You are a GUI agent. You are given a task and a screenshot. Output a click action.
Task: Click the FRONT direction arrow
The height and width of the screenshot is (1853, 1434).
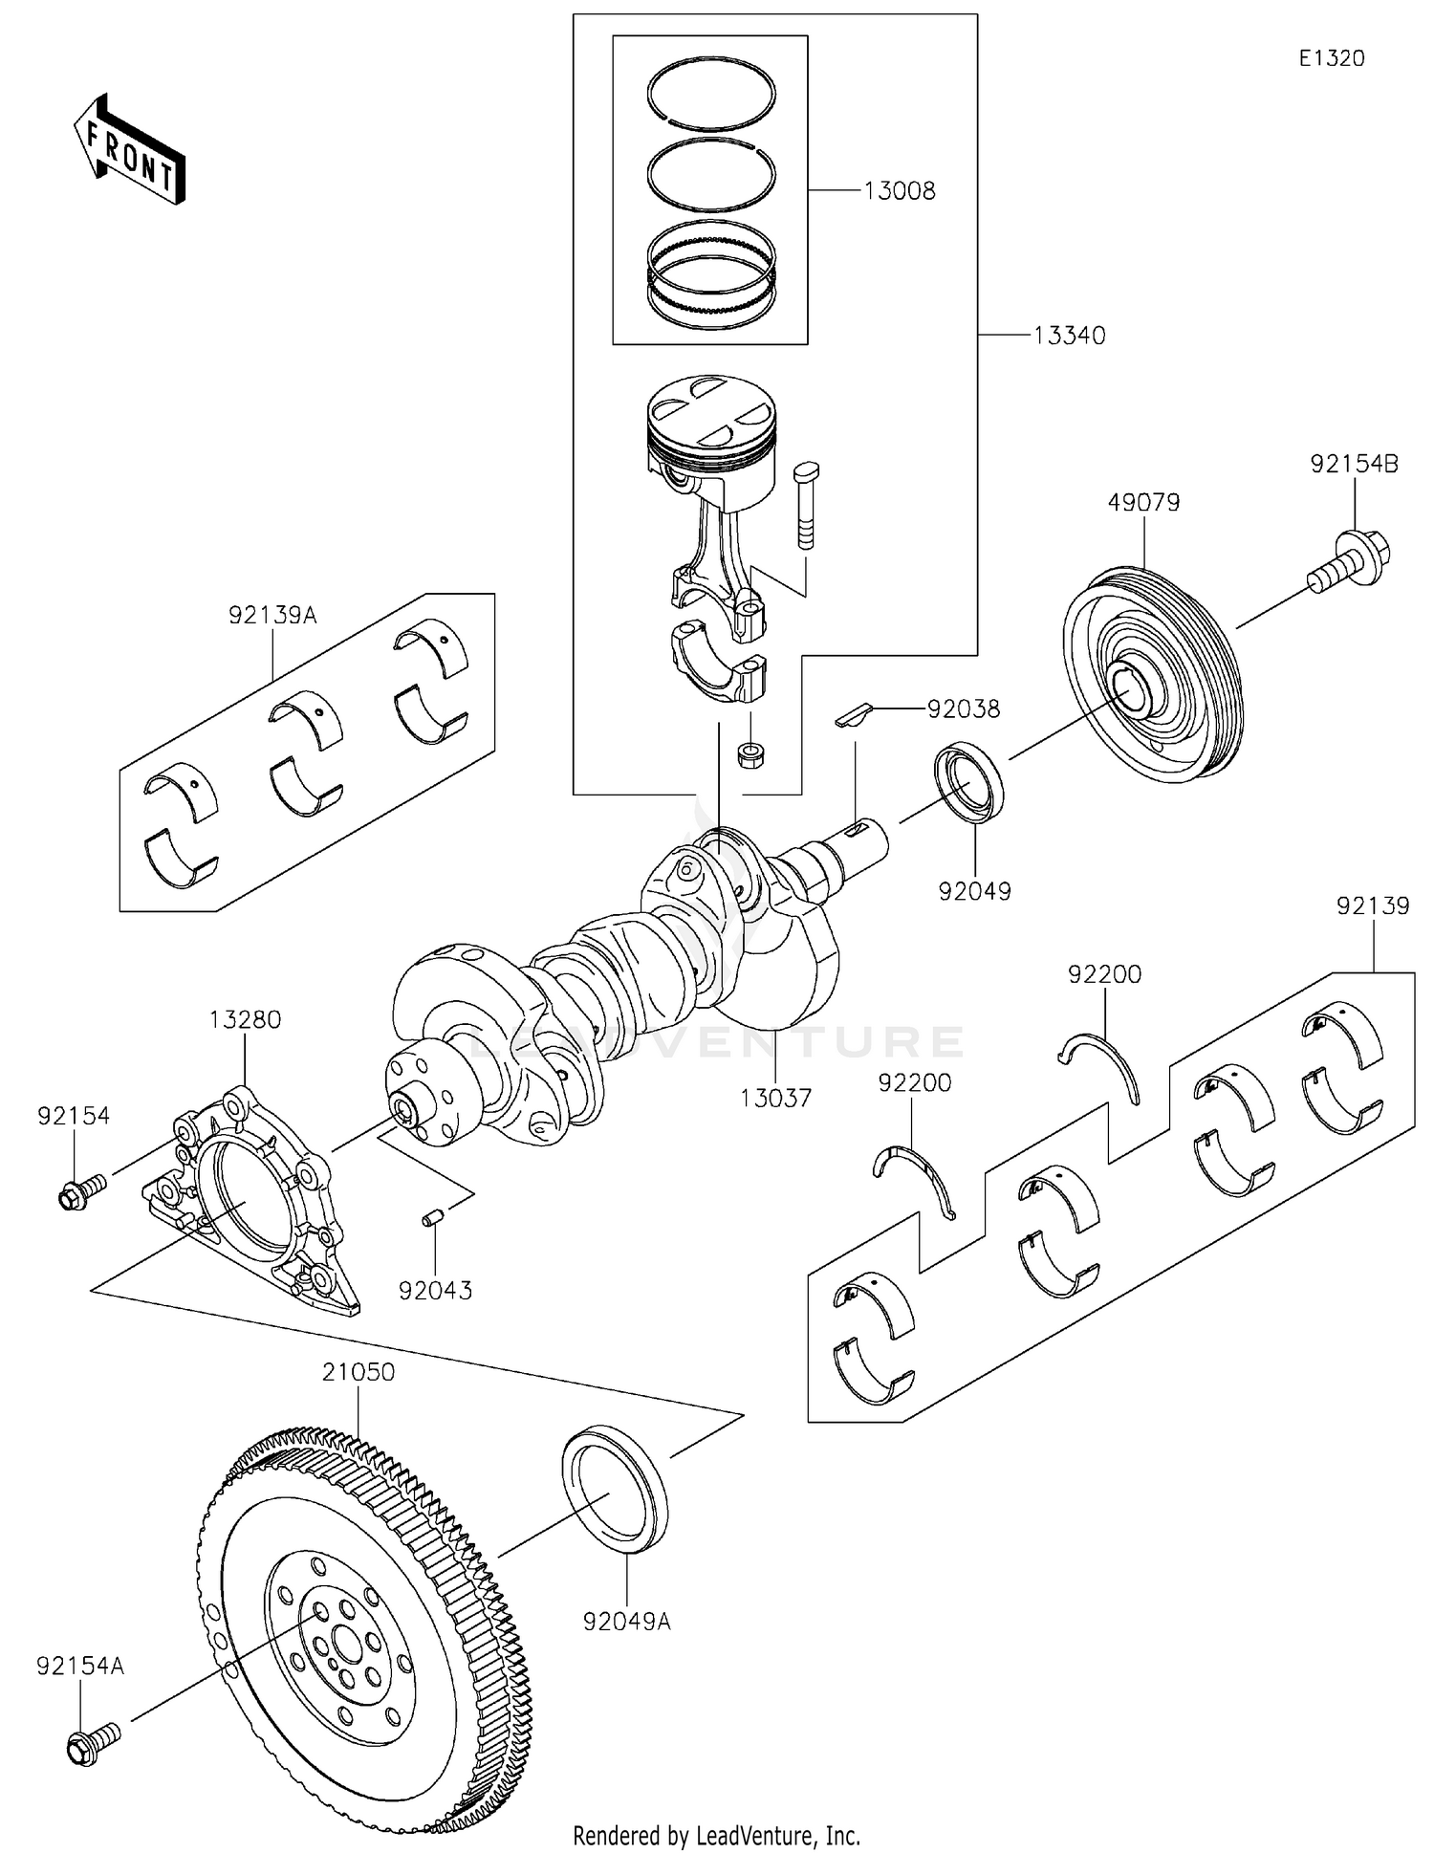pos(129,150)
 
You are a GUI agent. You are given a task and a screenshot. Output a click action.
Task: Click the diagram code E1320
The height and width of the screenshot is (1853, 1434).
pos(1331,58)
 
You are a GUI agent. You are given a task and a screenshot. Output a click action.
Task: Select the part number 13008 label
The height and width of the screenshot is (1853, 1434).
pos(899,191)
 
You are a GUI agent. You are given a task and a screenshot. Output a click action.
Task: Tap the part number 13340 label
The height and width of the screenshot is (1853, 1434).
pos(1069,336)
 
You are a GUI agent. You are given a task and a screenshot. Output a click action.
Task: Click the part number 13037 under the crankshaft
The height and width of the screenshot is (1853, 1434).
pos(775,1098)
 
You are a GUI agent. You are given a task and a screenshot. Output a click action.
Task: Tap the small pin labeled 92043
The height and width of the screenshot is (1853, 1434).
pos(431,1219)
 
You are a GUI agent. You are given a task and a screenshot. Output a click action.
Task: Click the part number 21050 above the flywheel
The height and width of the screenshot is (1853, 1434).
pos(358,1372)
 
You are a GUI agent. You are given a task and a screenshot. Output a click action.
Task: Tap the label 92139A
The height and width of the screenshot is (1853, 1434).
pos(272,615)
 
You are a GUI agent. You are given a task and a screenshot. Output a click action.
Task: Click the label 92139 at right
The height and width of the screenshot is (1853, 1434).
pos(1373,905)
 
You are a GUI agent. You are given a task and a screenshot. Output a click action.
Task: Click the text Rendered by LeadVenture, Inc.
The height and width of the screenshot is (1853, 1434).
pos(716,1835)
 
